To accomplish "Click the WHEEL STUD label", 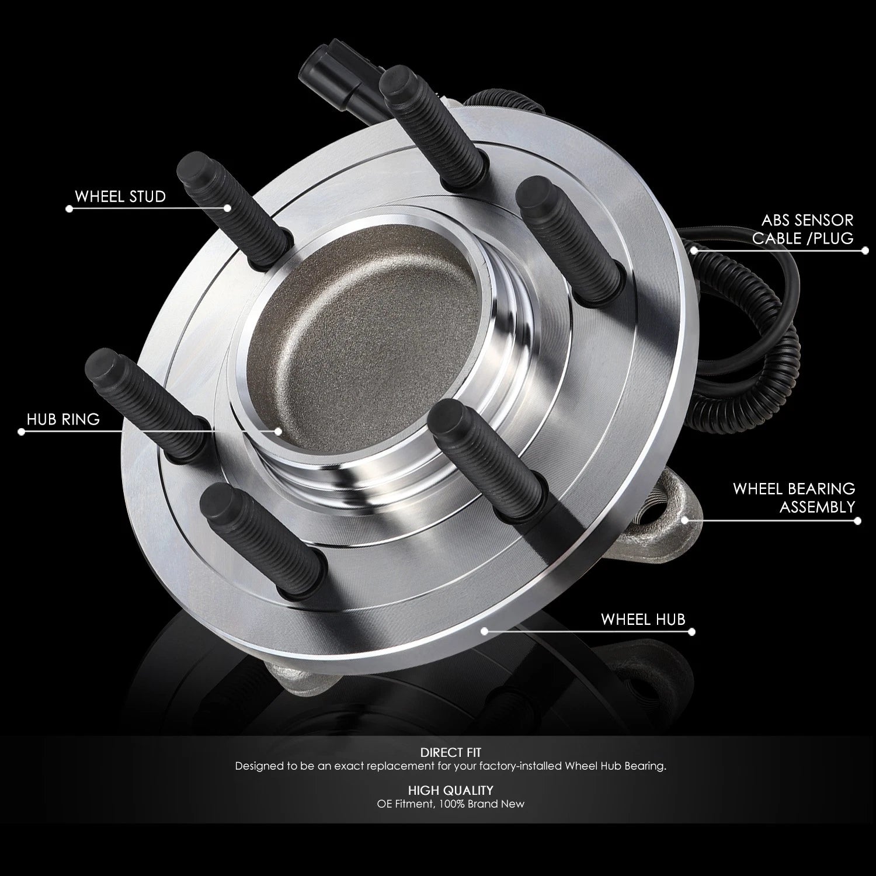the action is pyautogui.click(x=120, y=196).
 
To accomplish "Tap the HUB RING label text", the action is pyautogui.click(x=63, y=419).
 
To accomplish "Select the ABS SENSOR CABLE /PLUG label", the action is pyautogui.click(x=802, y=229).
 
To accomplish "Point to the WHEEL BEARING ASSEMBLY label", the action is pyautogui.click(x=794, y=498).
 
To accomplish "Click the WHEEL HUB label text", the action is pyautogui.click(x=642, y=619).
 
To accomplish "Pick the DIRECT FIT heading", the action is pyautogui.click(x=450, y=753).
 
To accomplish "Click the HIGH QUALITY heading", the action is pyautogui.click(x=450, y=790).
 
